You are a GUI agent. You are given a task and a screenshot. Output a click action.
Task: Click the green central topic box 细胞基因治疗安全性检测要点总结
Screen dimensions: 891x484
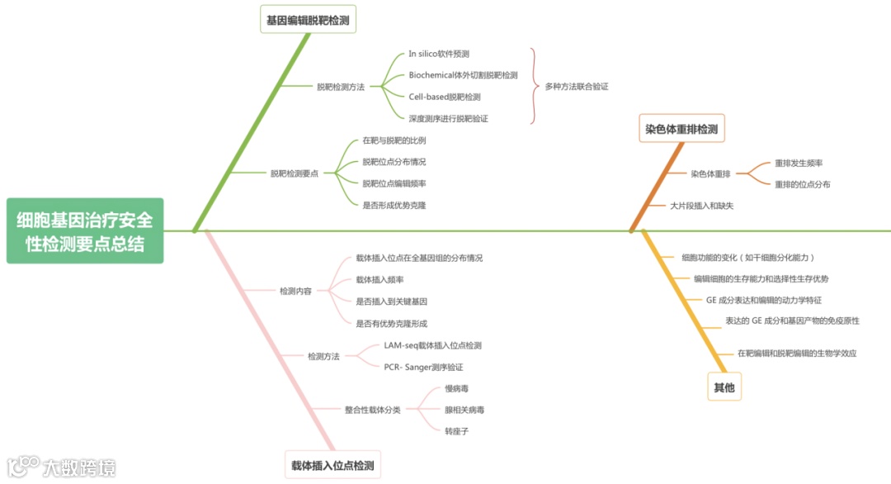tap(85, 231)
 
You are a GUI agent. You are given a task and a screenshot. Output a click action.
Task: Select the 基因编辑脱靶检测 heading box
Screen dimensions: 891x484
tap(309, 19)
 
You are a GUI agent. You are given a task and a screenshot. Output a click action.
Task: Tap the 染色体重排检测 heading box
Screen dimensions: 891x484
tap(681, 129)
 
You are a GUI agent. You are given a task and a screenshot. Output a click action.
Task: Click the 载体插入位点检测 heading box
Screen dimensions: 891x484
tap(332, 465)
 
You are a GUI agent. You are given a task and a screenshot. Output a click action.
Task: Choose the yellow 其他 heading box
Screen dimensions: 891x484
tap(724, 387)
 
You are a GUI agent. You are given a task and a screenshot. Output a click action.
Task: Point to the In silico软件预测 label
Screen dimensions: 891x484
tap(439, 54)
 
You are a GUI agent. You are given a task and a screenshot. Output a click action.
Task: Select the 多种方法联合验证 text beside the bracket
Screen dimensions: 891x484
tap(577, 86)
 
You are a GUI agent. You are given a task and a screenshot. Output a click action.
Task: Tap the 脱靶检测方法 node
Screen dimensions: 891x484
tap(341, 86)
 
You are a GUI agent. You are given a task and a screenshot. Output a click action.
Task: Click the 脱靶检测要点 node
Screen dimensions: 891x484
tap(295, 173)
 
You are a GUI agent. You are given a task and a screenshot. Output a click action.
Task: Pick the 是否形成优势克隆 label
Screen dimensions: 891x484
tap(394, 204)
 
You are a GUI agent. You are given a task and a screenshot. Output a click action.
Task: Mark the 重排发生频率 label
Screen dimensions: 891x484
tap(799, 163)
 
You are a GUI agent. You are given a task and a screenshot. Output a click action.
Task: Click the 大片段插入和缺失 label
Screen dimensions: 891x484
tap(701, 205)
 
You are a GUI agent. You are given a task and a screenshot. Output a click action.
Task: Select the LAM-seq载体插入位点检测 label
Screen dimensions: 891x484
tap(432, 345)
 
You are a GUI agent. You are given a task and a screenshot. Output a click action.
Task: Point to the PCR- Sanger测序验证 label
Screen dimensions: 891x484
tap(423, 367)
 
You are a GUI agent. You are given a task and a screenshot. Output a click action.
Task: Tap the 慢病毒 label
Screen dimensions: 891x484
tap(456, 388)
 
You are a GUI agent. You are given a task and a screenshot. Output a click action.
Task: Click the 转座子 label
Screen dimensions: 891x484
tap(456, 430)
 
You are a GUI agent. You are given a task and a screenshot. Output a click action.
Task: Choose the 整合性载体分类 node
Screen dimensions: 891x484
tap(372, 410)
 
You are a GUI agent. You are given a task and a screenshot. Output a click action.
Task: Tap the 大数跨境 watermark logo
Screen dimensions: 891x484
tap(61, 467)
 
